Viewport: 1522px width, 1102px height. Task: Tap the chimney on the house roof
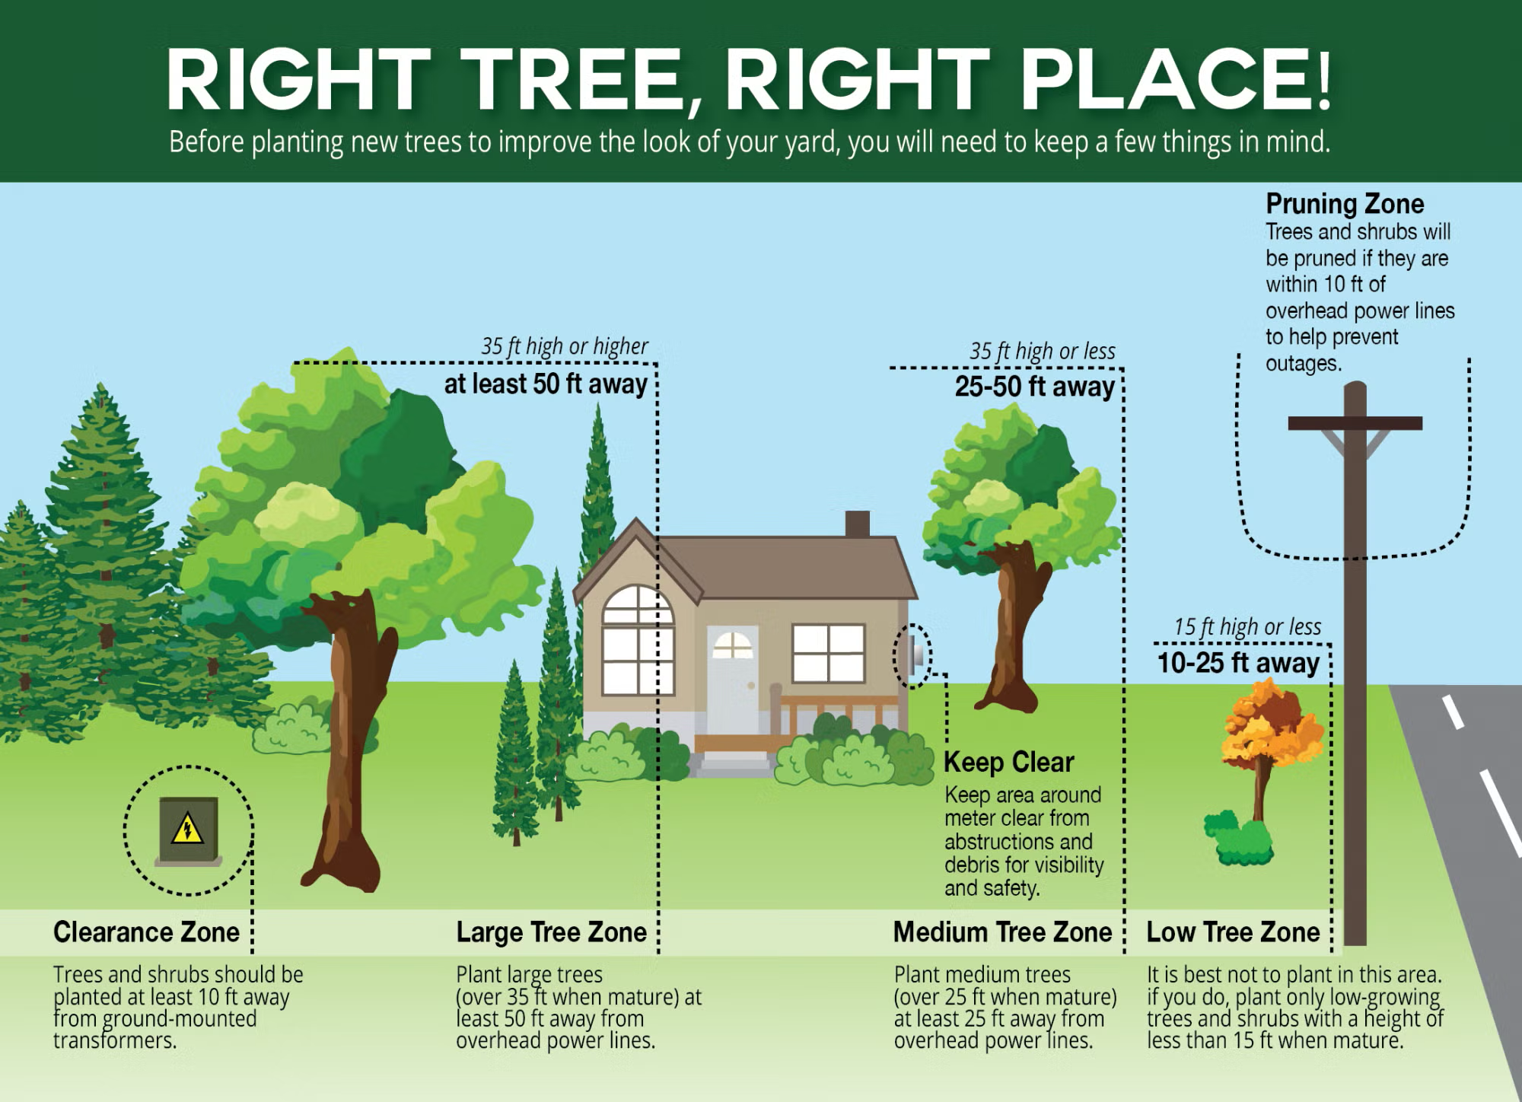[858, 524]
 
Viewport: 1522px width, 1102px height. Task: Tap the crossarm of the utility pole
[1355, 423]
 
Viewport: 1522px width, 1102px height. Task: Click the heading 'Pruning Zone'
[1345, 204]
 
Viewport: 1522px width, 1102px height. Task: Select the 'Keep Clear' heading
[1008, 762]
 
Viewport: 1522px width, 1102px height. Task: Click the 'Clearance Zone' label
[146, 932]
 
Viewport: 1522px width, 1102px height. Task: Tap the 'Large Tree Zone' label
[551, 932]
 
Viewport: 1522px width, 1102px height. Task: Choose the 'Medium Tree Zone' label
[1002, 932]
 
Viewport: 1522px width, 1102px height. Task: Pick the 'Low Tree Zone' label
[1233, 932]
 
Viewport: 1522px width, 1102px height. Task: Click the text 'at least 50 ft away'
[545, 384]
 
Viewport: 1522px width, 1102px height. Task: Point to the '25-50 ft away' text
[1034, 387]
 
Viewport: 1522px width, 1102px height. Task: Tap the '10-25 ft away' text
[1238, 663]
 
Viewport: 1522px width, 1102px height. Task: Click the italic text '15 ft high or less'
[1247, 627]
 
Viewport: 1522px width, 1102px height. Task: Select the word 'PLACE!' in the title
[1175, 80]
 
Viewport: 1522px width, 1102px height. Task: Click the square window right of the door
[828, 654]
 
